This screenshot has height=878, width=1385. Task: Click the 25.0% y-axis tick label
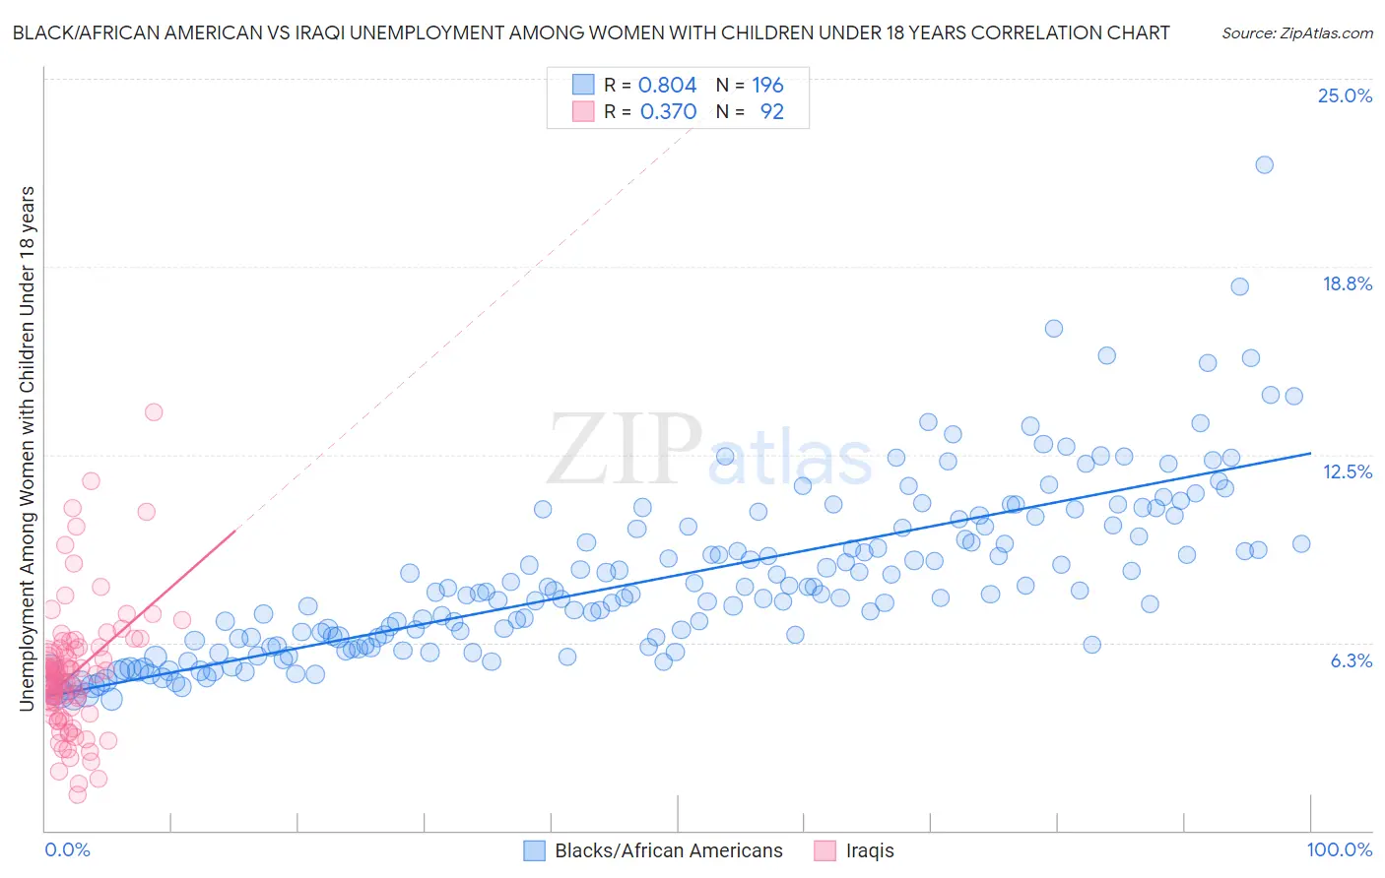tap(1345, 96)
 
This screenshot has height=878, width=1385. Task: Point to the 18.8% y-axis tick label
tap(1347, 284)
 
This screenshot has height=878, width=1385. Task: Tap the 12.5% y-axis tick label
tap(1347, 472)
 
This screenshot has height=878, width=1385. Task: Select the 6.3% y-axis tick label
tap(1351, 661)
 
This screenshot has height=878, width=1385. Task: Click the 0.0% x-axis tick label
tap(67, 850)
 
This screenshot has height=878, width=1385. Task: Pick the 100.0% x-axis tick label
tap(1339, 850)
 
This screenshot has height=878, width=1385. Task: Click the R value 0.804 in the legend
tap(667, 86)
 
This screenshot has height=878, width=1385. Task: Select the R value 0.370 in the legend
tap(668, 112)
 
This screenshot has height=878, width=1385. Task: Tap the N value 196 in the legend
tap(767, 86)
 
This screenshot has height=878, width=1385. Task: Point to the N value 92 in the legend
tap(771, 112)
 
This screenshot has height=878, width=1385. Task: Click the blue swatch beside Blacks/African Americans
tap(534, 850)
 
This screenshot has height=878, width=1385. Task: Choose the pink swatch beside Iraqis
tap(825, 850)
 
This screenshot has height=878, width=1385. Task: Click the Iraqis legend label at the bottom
tap(870, 850)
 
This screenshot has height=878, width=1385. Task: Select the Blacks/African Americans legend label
tap(669, 850)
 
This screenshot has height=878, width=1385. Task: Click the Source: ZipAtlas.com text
tap(1296, 33)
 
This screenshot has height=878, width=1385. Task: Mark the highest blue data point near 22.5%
tap(1264, 164)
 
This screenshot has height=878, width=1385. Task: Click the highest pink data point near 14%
tap(154, 412)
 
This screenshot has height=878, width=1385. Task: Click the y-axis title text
tap(27, 448)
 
